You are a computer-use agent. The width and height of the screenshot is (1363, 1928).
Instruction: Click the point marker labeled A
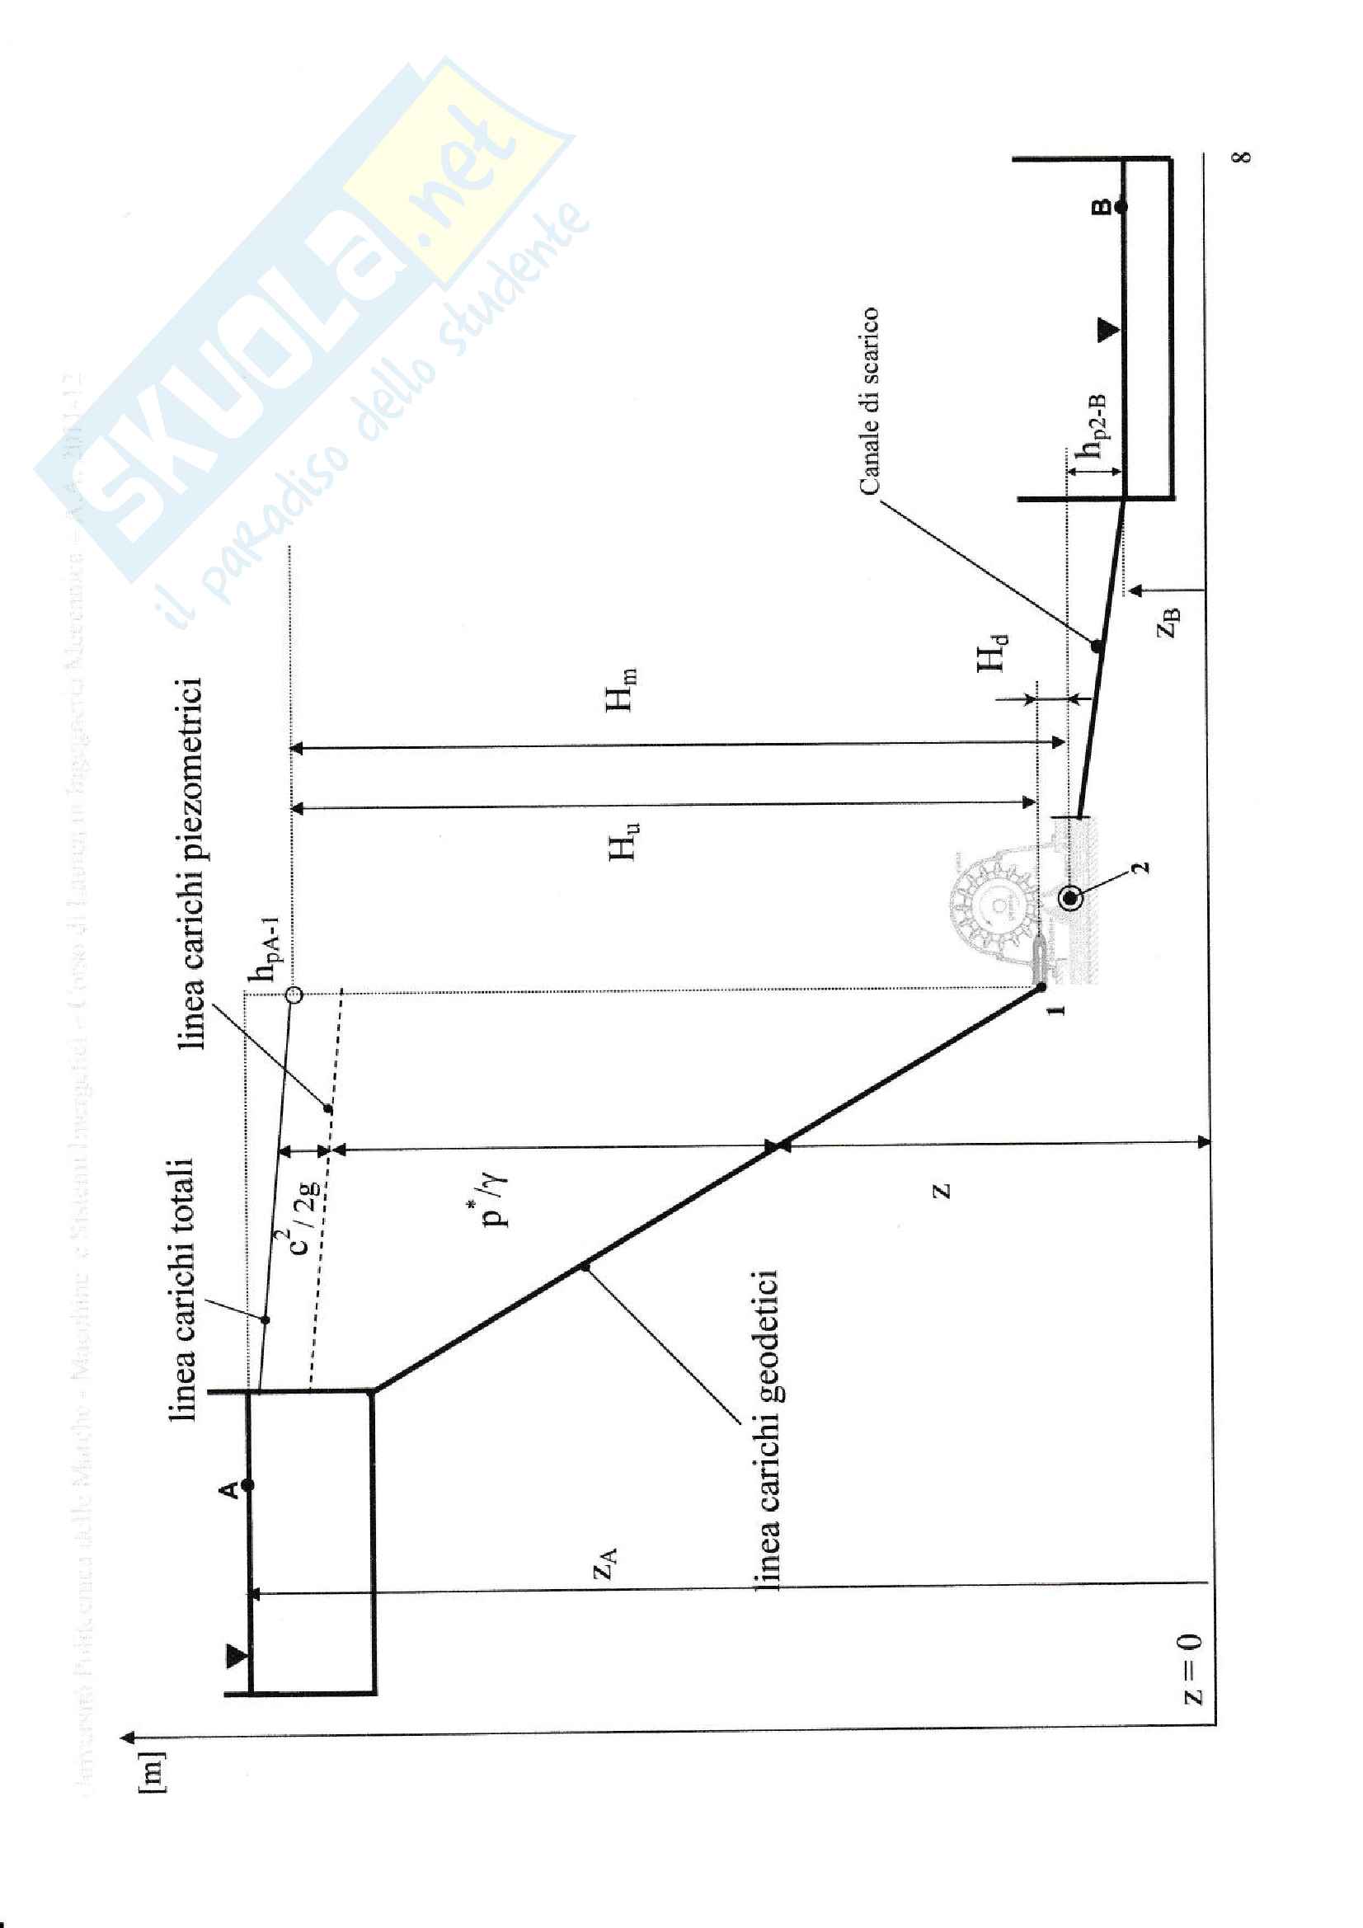click(x=247, y=1485)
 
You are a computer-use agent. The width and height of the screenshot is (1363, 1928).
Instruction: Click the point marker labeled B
click(x=1121, y=205)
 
